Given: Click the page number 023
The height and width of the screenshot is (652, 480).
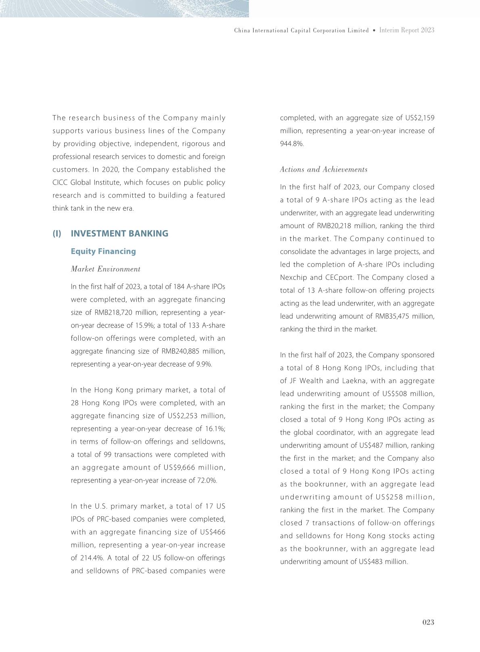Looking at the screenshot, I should click(x=428, y=622).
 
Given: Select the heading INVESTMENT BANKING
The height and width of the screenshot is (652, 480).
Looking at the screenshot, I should click(x=119, y=234).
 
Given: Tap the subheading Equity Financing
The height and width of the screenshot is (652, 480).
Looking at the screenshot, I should click(x=103, y=252).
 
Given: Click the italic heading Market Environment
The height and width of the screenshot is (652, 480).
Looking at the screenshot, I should click(x=106, y=269).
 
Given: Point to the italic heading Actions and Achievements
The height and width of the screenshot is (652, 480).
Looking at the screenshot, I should click(x=323, y=170).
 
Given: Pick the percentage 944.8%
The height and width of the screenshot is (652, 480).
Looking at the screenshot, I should click(x=292, y=144).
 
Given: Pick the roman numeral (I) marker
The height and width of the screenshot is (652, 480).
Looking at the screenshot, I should click(x=57, y=234).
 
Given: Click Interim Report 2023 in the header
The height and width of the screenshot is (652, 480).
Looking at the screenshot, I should click(x=407, y=30).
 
